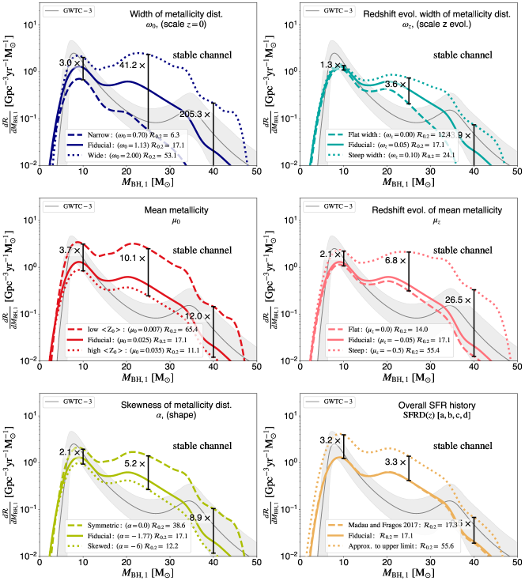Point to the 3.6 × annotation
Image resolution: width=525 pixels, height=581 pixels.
point(395,84)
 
